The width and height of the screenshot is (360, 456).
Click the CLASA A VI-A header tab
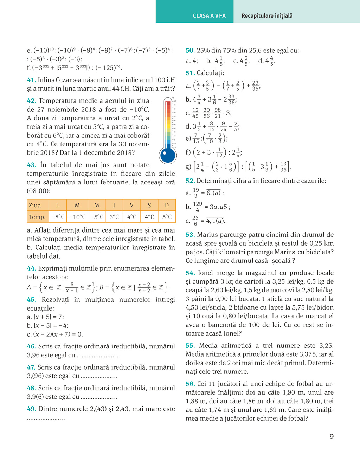[x=209, y=16]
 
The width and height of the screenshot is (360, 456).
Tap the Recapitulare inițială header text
[x=267, y=16]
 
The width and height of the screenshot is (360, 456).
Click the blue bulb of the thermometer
[x=168, y=155]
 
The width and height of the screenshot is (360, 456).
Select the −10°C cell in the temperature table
[x=77, y=217]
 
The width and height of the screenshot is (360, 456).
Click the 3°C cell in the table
[x=114, y=217]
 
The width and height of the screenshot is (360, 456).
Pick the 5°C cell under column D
[x=167, y=217]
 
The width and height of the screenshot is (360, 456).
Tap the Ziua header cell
[x=35, y=205]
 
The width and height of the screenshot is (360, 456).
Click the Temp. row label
[x=37, y=217]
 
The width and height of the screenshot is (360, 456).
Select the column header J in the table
[x=114, y=205]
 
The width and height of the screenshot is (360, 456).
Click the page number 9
[x=332, y=437]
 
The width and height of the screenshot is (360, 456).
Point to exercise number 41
[x=31, y=80]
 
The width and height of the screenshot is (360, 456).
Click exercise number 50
[x=190, y=51]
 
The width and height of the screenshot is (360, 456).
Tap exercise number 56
[x=190, y=384]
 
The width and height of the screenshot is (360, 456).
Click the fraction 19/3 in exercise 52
[x=196, y=193]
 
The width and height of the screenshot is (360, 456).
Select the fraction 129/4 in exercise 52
[x=198, y=207]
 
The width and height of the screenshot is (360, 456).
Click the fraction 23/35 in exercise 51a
[x=255, y=86]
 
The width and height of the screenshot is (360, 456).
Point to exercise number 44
[x=31, y=269]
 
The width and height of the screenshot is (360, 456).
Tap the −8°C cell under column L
[x=58, y=217]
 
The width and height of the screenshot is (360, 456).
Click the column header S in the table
[x=149, y=205]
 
